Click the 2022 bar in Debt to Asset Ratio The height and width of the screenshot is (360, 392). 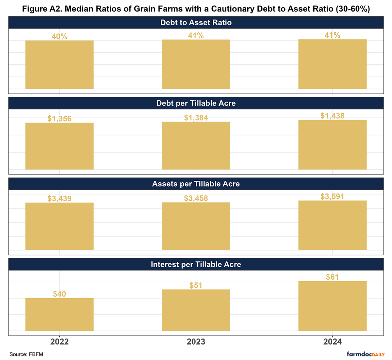click(59, 65)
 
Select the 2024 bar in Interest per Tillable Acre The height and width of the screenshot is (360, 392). click(332, 306)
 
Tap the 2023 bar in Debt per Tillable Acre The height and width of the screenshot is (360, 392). click(196, 146)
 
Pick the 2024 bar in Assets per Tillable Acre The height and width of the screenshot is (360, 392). click(332, 225)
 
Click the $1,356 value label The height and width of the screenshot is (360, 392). click(59, 119)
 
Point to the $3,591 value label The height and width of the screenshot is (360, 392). click(332, 196)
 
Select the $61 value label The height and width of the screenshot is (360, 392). click(332, 277)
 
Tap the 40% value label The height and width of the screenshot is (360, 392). click(59, 36)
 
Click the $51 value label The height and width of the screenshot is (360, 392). click(196, 285)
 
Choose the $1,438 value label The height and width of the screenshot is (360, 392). click(332, 116)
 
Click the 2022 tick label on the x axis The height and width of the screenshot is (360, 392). click(59, 342)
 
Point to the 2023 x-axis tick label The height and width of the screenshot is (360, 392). click(196, 342)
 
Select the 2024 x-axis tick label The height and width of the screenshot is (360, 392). click(332, 342)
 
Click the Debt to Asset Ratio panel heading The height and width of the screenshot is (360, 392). click(196, 23)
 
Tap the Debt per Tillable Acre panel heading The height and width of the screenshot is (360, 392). click(196, 103)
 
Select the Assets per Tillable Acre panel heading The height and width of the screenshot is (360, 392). click(196, 184)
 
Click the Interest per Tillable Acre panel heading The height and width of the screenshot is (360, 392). click(196, 264)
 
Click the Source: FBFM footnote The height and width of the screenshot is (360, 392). click(26, 354)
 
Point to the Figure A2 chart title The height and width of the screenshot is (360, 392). click(196, 8)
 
